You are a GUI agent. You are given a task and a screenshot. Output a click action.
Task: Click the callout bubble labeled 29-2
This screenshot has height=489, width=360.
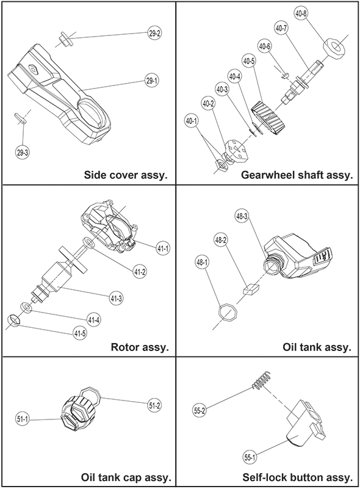pyautogui.click(x=154, y=34)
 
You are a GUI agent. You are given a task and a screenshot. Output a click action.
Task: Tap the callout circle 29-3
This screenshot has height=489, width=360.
pyautogui.click(x=22, y=152)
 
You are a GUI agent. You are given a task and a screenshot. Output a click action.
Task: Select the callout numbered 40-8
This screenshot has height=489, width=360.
pyautogui.click(x=300, y=14)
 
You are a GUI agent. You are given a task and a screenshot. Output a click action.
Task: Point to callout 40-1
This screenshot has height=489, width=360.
pyautogui.click(x=192, y=121)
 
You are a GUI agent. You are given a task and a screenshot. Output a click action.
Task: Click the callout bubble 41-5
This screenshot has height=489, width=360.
pyautogui.click(x=80, y=333)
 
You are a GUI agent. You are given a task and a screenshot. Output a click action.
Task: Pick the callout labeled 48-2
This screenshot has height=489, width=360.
pyautogui.click(x=221, y=241)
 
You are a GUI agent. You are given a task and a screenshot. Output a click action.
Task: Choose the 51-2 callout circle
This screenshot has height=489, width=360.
pyautogui.click(x=154, y=405)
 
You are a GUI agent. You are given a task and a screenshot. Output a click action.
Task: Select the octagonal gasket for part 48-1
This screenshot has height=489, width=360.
pyautogui.click(x=228, y=311)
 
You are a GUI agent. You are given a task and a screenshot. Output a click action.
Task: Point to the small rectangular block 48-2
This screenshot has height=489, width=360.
pyautogui.click(x=251, y=289)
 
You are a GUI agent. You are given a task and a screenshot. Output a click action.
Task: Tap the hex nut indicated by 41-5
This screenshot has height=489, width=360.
pyautogui.click(x=13, y=321)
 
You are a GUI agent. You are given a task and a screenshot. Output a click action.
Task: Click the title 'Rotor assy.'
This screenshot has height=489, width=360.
pyautogui.click(x=140, y=347)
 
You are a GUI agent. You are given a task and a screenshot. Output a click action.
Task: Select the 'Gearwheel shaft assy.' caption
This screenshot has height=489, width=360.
pyautogui.click(x=297, y=175)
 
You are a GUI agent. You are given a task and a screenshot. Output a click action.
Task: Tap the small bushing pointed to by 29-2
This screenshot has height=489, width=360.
pyautogui.click(x=65, y=39)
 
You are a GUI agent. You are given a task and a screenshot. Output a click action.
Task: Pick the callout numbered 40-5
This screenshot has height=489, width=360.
pyautogui.click(x=250, y=62)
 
